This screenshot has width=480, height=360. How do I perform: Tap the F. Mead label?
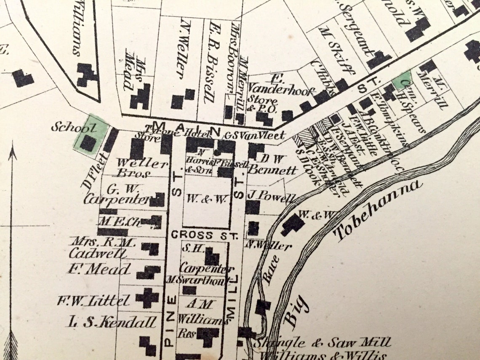click(x=99, y=269)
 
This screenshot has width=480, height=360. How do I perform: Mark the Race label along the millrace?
click(x=271, y=269)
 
